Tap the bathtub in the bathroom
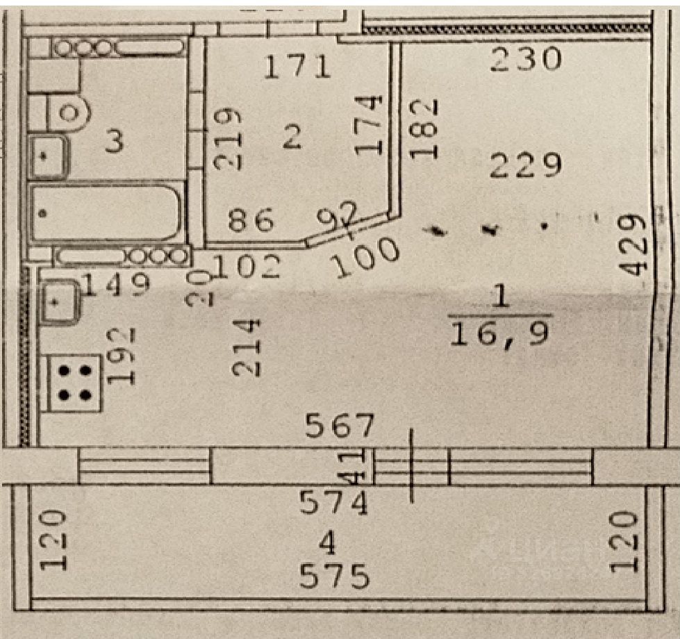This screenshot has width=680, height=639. pyautogui.click(x=106, y=212)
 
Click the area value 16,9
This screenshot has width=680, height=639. pyautogui.click(x=501, y=333)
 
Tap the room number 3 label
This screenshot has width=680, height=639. pyautogui.click(x=115, y=142)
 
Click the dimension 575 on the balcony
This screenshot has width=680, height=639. pyautogui.click(x=334, y=576)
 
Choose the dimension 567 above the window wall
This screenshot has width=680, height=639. pyautogui.click(x=341, y=426)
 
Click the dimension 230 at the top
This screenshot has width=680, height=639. pyautogui.click(x=524, y=60)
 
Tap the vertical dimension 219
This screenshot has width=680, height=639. pyautogui.click(x=230, y=139)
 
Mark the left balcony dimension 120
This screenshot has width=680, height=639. pyautogui.click(x=54, y=540)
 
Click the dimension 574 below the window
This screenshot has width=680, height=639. pyautogui.click(x=333, y=502)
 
